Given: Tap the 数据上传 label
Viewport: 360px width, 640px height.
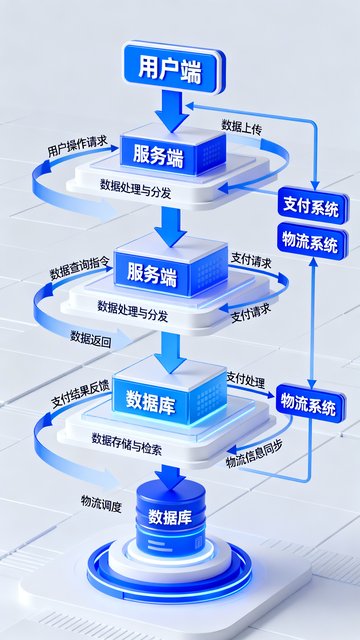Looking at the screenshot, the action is pos(242,126).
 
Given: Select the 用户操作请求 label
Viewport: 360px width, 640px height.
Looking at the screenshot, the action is pos(77,147).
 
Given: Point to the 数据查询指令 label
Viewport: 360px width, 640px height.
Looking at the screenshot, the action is pos(79,269).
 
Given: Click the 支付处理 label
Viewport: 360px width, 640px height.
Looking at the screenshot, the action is pos(246,380).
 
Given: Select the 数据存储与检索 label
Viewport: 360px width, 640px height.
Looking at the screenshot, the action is pos(127,444).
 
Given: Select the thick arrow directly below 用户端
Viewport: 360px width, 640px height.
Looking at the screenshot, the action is pos(171,111).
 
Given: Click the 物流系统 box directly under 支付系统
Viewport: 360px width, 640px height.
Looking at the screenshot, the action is pos(313,242).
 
